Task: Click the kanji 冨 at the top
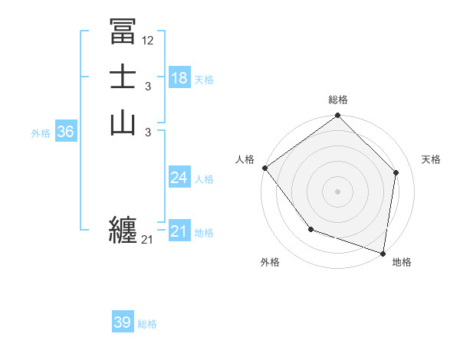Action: [x=123, y=32]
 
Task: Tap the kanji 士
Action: [x=123, y=77]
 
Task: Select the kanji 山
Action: [x=123, y=123]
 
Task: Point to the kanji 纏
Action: [x=123, y=229]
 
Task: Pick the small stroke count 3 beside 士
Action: [x=147, y=87]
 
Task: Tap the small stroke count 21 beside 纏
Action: [x=147, y=240]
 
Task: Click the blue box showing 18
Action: [x=179, y=78]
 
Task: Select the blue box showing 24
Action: [x=179, y=178]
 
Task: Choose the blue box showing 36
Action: [x=66, y=132]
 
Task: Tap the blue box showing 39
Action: [x=123, y=322]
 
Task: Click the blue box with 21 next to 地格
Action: [x=179, y=231]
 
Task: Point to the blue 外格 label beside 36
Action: [x=41, y=133]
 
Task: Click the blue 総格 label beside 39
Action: [x=147, y=324]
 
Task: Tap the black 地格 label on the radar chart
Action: [x=402, y=263]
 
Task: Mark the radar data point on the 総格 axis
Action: [x=337, y=116]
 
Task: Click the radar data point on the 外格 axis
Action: [x=310, y=229]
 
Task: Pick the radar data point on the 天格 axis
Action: [x=396, y=172]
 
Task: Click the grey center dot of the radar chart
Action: [x=337, y=191]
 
